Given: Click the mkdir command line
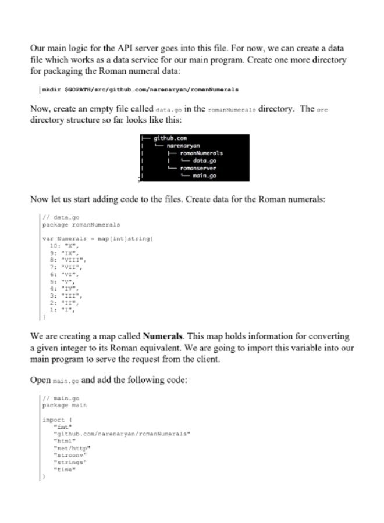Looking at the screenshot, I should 140,90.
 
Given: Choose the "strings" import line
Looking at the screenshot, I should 70,462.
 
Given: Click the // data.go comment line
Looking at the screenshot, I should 61,217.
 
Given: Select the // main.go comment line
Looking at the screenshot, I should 61,399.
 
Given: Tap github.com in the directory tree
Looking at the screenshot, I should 170,138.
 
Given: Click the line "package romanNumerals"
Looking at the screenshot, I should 81,224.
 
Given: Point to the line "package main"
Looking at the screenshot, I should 64,406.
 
